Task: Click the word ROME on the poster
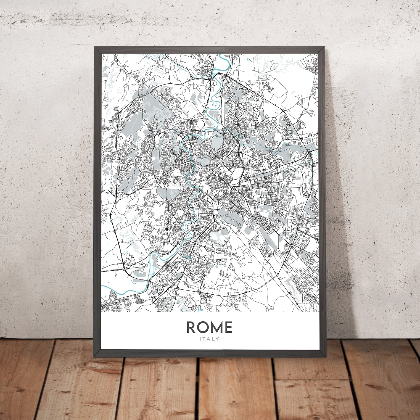(x=210, y=327)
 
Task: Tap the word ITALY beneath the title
(x=210, y=339)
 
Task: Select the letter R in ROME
(x=192, y=327)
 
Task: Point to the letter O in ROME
(x=204, y=327)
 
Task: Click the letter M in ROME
(x=217, y=327)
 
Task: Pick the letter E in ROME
(x=229, y=327)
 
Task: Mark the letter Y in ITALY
(x=218, y=339)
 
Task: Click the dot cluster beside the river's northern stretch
(x=214, y=104)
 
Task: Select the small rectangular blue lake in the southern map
(x=189, y=258)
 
